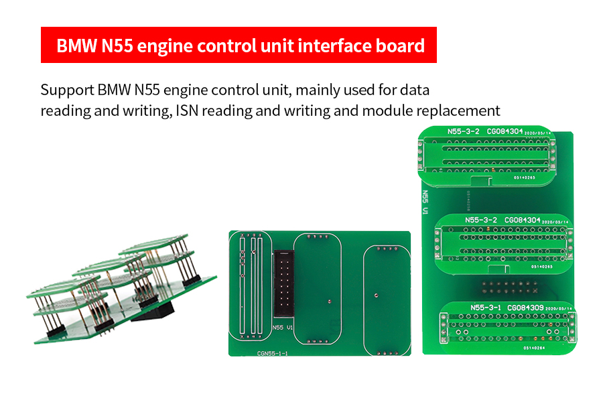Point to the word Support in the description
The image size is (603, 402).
tap(66, 89)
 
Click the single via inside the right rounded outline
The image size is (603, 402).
tap(377, 293)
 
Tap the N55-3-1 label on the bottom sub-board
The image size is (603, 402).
tap(487, 308)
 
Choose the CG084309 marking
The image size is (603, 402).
tap(526, 308)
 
